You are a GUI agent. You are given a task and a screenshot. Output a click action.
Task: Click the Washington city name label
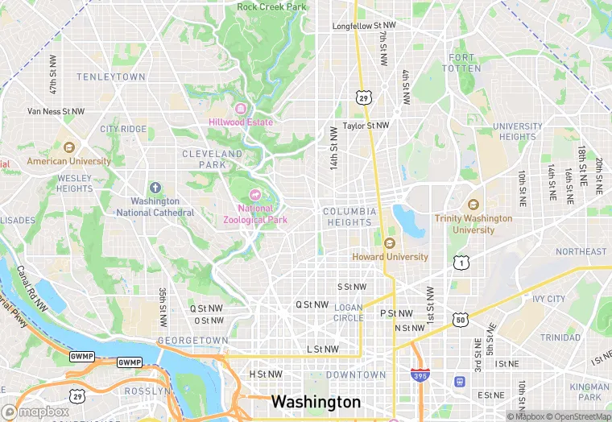click(x=316, y=401)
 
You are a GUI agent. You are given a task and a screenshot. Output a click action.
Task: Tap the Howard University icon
click(x=391, y=243)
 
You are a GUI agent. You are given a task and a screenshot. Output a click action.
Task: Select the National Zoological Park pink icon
click(x=255, y=194)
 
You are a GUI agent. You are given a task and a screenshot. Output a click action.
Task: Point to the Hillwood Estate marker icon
click(x=239, y=109)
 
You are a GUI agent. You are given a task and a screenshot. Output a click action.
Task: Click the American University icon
click(x=68, y=147)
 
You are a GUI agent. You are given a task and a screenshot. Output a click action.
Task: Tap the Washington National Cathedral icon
click(x=155, y=187)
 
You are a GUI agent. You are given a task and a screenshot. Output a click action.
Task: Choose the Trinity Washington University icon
click(x=473, y=205)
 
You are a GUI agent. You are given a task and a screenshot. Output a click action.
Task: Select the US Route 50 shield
click(x=461, y=320)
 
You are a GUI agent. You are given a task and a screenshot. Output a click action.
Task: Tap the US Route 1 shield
click(x=461, y=263)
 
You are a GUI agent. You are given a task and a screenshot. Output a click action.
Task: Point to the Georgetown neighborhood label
click(x=192, y=341)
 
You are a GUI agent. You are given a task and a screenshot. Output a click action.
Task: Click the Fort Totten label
click(x=465, y=63)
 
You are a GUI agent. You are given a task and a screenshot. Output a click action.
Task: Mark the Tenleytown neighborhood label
click(x=111, y=77)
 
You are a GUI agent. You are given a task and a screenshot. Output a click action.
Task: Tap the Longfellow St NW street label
click(x=365, y=27)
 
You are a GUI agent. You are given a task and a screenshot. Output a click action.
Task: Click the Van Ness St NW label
click(x=56, y=111)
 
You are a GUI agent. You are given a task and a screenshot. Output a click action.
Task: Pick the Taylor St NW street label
click(x=366, y=126)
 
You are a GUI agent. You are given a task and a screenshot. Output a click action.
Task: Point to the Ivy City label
click(x=548, y=299)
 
